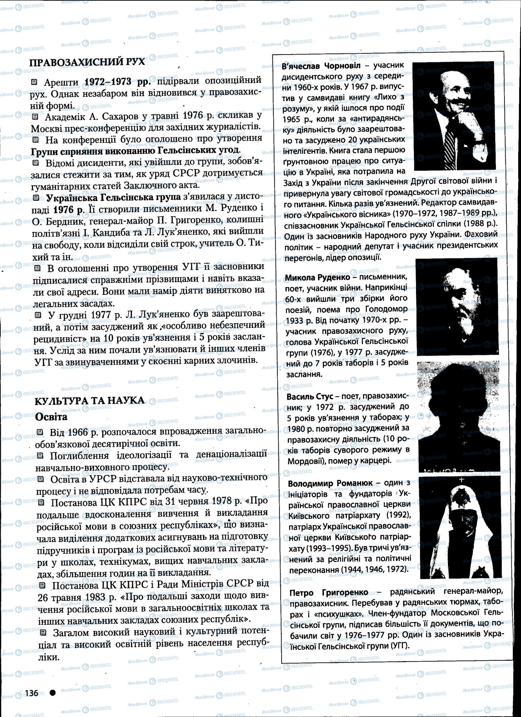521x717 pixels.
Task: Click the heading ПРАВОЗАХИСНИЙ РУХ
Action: (x=87, y=62)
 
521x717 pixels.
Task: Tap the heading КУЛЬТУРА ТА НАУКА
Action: (x=90, y=400)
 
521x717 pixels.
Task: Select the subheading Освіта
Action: (x=51, y=417)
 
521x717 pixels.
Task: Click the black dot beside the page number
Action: (x=53, y=693)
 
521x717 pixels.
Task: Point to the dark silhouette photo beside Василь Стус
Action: (x=459, y=416)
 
